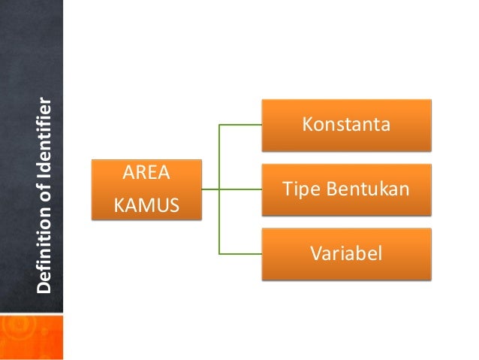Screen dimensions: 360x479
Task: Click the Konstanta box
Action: pos(346,124)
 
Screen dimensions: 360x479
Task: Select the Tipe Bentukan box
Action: pos(346,189)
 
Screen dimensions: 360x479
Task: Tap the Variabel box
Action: pos(346,253)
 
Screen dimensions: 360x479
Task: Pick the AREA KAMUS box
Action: pos(146,189)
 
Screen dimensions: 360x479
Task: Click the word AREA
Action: pos(146,175)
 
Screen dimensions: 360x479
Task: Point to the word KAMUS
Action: pos(146,203)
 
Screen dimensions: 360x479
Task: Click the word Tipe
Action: pos(298,189)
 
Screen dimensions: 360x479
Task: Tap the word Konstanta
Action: pos(346,124)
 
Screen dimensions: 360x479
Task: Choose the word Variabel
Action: pos(346,253)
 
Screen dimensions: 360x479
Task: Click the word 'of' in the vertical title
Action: pos(45,198)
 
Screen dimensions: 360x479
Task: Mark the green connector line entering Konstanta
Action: pos(240,125)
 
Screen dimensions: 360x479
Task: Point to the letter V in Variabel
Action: pos(315,253)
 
